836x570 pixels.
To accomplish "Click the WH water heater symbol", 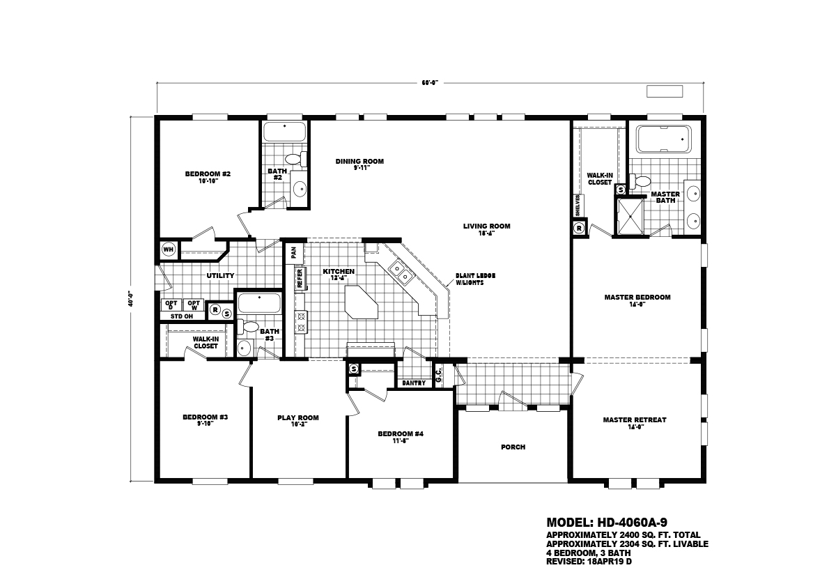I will pos(168,249).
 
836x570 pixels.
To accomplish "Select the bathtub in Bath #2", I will pos(284,132).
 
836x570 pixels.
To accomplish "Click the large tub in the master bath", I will pos(664,139).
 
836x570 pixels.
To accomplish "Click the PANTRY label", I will pos(413,383).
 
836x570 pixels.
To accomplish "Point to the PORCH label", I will pos(513,447).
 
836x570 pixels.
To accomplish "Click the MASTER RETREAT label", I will pos(634,420).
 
